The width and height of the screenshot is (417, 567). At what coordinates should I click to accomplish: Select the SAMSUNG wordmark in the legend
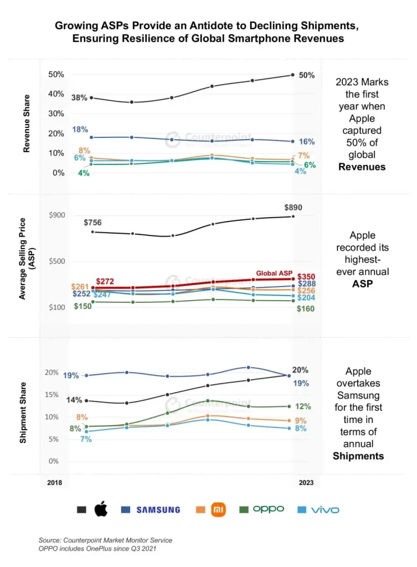pos(158,509)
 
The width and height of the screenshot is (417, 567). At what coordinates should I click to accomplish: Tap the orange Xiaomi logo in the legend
pos(219,509)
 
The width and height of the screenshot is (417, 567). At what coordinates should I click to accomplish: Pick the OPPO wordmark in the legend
pos(269,509)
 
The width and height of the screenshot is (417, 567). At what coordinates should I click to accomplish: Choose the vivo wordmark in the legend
pos(325,509)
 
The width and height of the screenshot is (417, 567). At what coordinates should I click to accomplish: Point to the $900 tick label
pos(57,216)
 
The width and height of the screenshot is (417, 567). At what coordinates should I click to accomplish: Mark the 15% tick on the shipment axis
pos(52,395)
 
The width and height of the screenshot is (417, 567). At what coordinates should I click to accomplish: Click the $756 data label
pos(93,223)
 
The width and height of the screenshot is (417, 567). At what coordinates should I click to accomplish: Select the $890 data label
pos(293,208)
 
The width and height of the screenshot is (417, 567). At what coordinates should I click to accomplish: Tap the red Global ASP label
pos(274,274)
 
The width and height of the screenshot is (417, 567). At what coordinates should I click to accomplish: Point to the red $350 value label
pos(306,276)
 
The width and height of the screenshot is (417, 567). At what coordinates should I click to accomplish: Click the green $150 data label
pos(83,306)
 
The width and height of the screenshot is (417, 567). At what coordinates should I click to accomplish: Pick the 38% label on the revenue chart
pos(79,97)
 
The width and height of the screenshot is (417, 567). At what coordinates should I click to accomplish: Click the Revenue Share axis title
pos(26,123)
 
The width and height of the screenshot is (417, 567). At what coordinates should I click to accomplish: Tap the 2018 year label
pos(54,483)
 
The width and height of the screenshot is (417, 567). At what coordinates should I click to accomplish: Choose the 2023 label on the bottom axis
pos(306,483)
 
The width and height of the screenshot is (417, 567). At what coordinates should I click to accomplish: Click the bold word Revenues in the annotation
pos(362,166)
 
